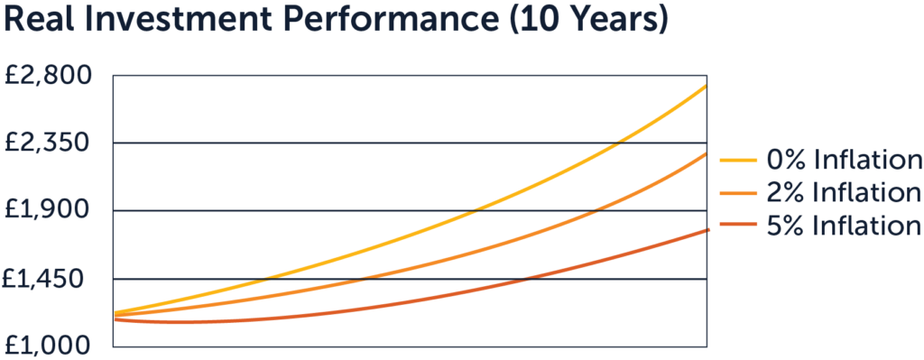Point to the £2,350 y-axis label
49,143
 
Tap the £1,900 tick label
49,210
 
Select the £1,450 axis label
49,279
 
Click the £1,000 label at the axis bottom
49,346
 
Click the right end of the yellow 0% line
707,86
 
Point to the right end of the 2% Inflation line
707,153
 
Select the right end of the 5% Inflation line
707,230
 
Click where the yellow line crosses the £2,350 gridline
616,143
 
